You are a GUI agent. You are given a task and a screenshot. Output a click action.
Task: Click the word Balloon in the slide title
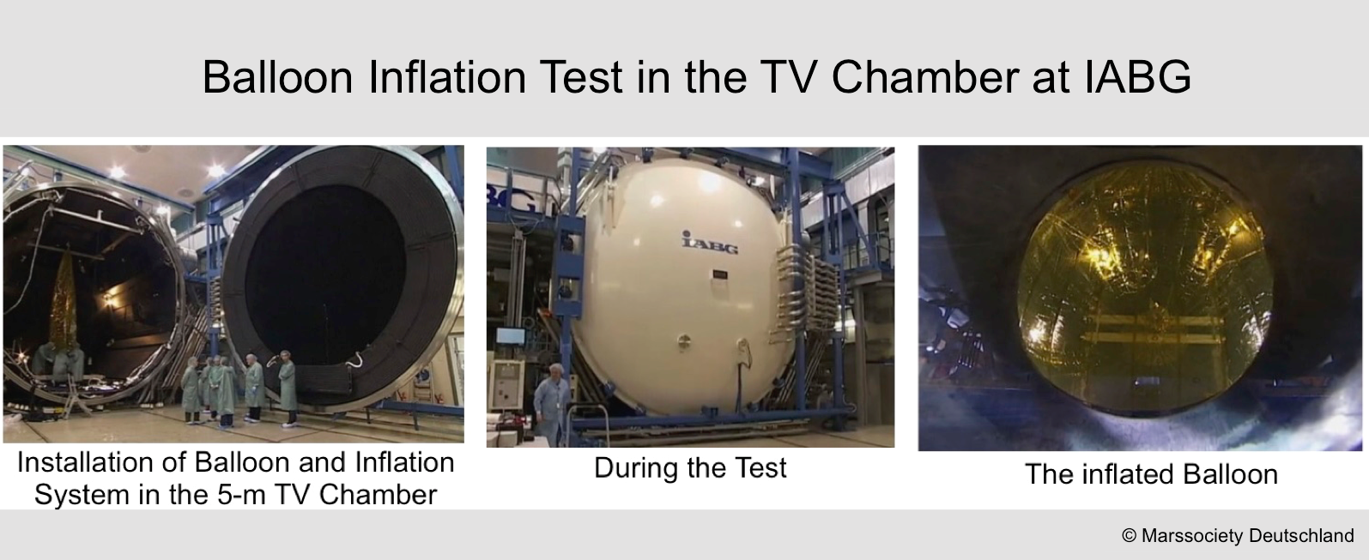(278, 77)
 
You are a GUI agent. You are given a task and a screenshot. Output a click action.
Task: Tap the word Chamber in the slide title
(924, 77)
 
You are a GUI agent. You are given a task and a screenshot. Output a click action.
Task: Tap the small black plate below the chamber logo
(720, 274)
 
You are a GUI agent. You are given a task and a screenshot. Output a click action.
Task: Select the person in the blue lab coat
(552, 403)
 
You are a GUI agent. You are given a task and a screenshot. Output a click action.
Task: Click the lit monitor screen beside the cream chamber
(510, 336)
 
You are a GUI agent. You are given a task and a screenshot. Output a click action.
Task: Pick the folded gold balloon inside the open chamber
(63, 305)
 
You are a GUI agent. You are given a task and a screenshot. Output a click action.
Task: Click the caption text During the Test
(690, 468)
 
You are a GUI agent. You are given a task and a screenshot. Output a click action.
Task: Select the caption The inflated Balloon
(1152, 474)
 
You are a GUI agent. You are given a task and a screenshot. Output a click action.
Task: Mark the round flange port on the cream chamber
(684, 340)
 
